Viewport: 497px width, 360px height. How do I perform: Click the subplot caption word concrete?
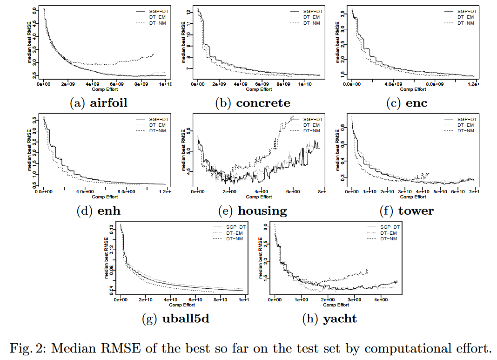tap(263, 103)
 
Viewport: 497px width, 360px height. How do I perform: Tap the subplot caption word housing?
tap(262, 211)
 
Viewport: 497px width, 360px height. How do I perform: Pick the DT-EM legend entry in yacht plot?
tap(389, 233)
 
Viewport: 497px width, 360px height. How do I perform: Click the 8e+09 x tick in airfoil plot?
tap(141, 85)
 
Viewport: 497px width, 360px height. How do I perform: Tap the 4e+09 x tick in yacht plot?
tap(381, 300)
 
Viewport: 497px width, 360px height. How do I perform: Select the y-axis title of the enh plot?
tap(29, 150)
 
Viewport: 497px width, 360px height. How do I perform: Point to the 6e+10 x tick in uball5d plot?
tap(195, 300)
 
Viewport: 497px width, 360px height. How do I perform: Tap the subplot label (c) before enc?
tap(394, 103)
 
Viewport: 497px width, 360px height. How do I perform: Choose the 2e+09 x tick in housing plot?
tap(229, 192)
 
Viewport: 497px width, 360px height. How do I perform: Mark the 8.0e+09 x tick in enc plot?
tap(433, 85)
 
